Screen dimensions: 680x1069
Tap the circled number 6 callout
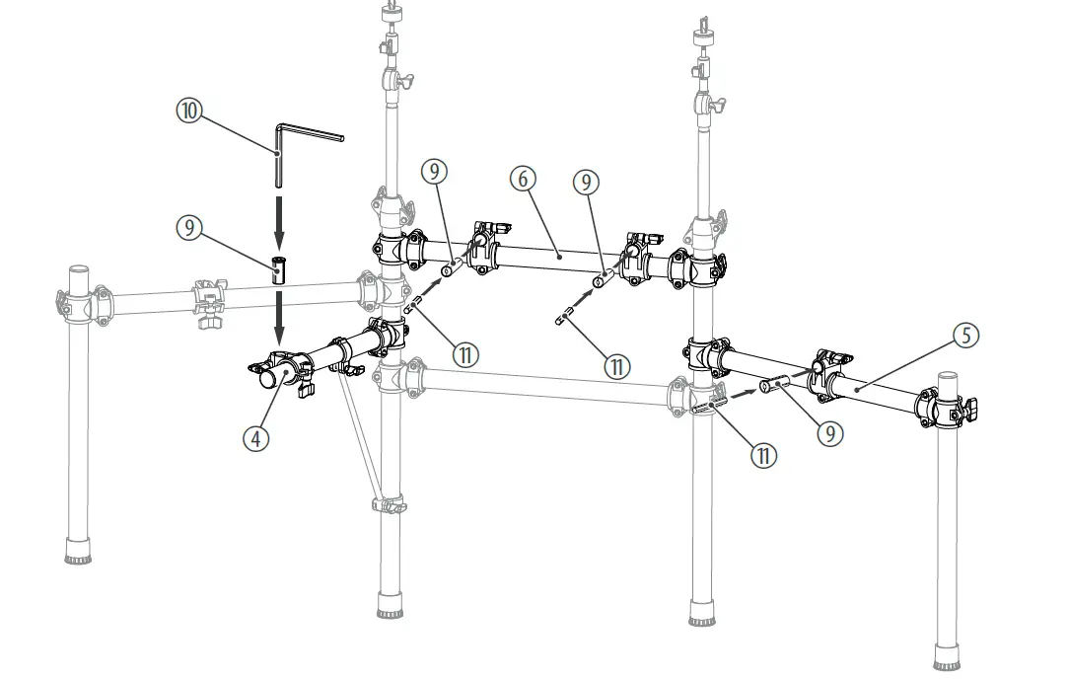(524, 179)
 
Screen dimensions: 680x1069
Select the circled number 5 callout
(966, 335)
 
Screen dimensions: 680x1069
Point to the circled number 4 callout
(255, 437)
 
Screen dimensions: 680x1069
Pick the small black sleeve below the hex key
(279, 267)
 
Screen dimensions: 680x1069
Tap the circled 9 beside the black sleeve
(188, 227)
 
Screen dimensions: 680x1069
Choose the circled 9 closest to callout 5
(829, 431)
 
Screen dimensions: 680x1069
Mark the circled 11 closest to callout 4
(466, 352)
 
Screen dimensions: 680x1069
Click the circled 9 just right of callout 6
(587, 182)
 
